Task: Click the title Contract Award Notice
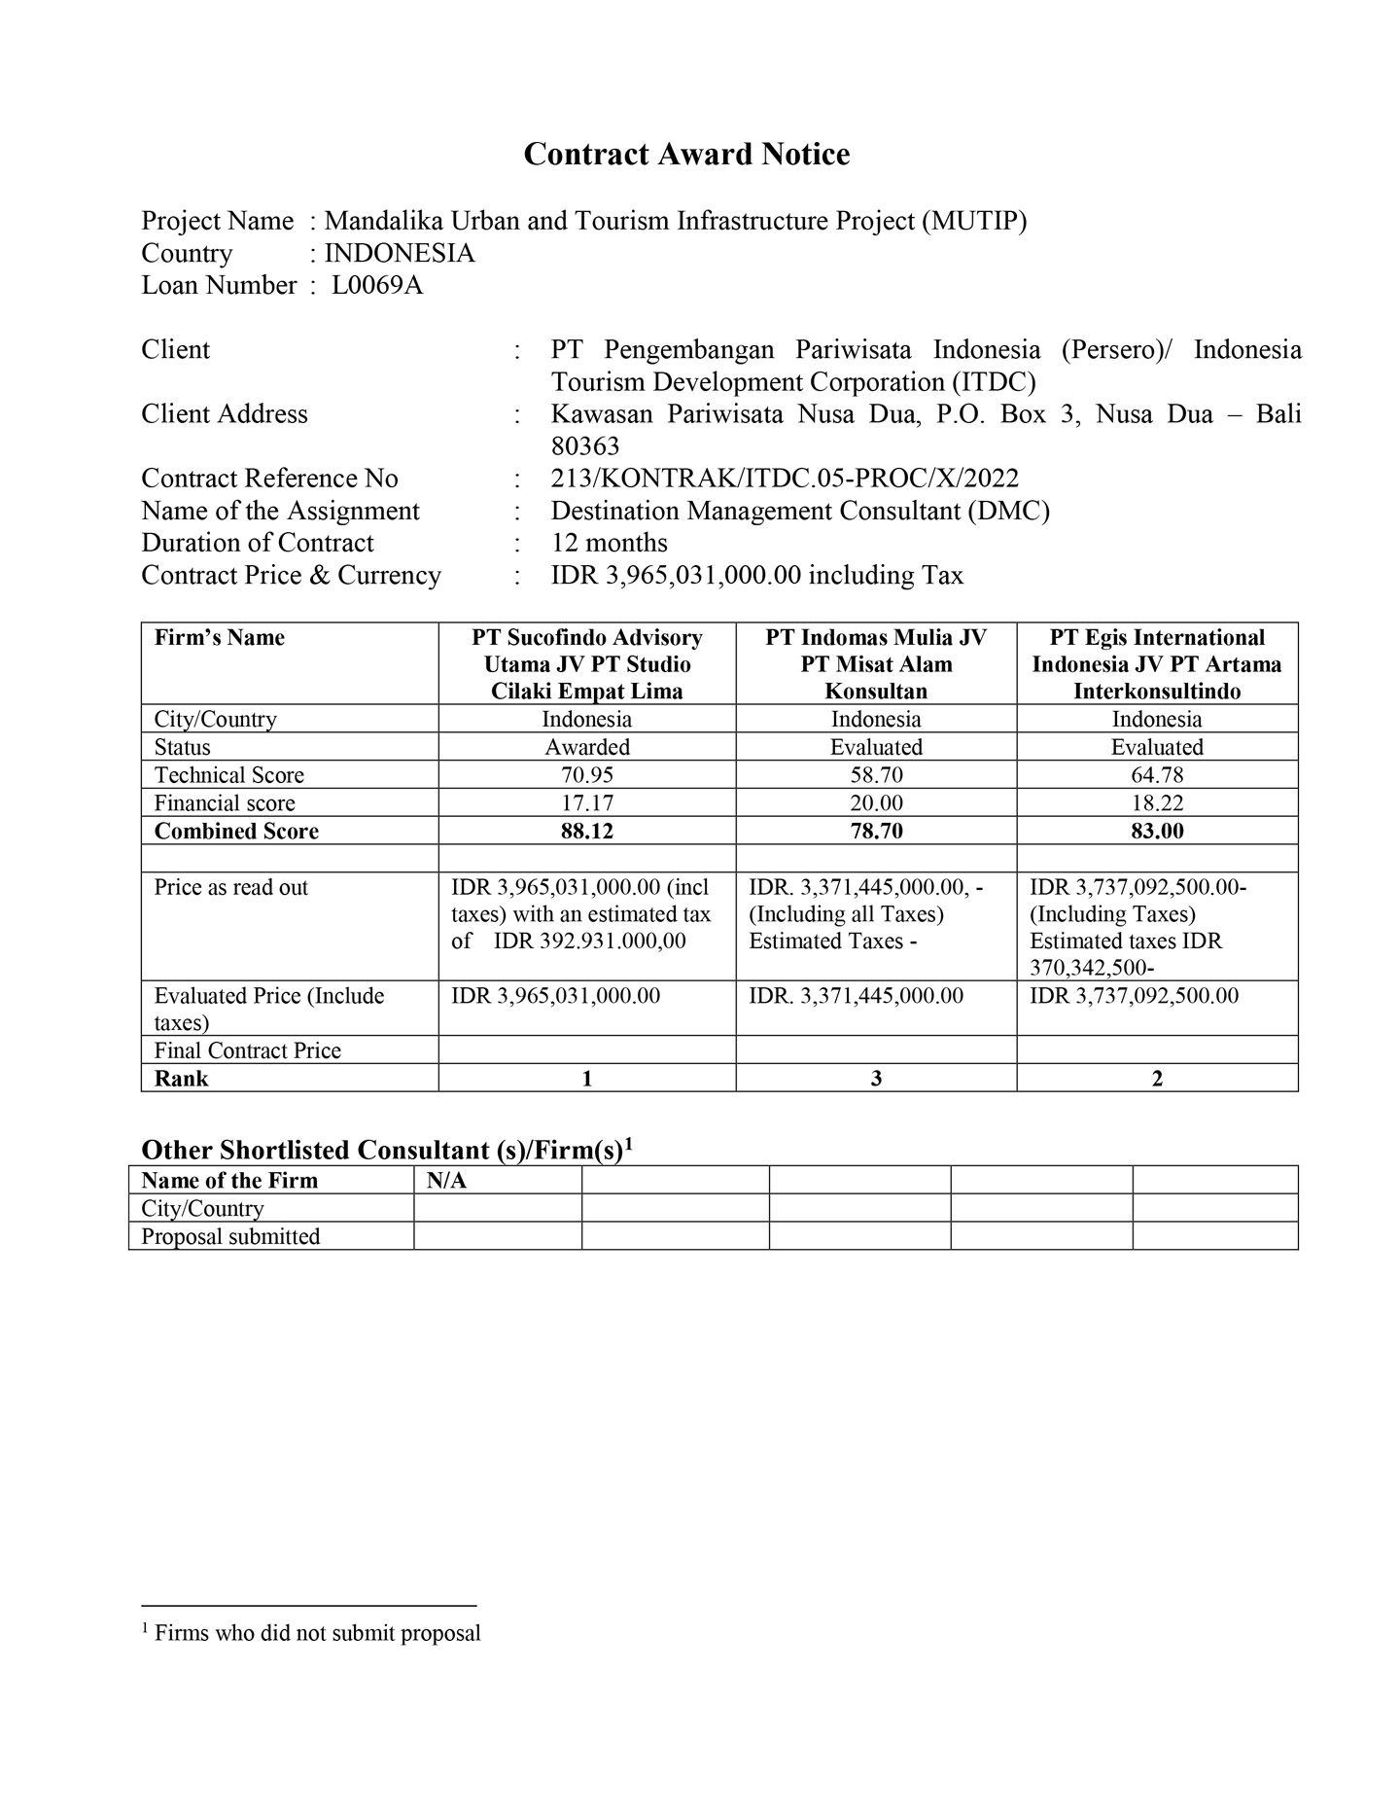[686, 155]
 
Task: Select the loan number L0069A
[377, 286]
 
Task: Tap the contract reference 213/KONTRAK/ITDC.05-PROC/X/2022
[785, 479]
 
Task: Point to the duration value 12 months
[610, 543]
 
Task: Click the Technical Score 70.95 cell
[586, 775]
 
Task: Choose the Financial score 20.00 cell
[876, 803]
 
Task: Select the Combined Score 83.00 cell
[1156, 832]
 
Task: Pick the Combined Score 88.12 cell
[586, 832]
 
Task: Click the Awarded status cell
[586, 747]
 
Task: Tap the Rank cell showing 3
[876, 1079]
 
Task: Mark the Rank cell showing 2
[1156, 1079]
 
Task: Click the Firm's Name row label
[220, 638]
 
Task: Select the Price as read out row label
[231, 887]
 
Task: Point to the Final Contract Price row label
[248, 1051]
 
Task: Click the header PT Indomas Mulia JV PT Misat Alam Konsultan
[876, 664]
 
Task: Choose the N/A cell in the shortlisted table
[447, 1181]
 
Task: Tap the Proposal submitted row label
[231, 1237]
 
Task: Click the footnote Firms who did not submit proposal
[317, 1633]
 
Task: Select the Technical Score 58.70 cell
[876, 775]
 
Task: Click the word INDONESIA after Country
[400, 254]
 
